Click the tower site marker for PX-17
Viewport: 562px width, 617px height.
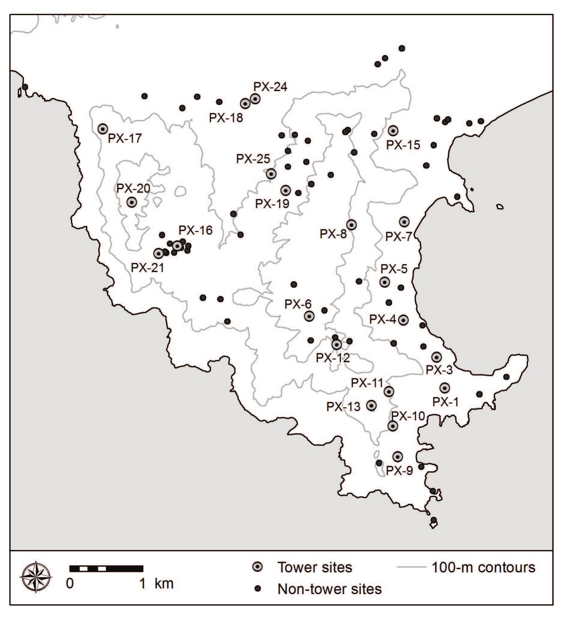[x=103, y=129]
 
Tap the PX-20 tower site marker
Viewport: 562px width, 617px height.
[x=132, y=202]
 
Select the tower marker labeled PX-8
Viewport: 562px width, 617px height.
[x=351, y=225]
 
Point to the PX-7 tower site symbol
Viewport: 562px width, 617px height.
[x=404, y=222]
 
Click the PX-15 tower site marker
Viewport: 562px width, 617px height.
[x=393, y=131]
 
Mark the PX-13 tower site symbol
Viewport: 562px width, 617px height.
[x=372, y=406]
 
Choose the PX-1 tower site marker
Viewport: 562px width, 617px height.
[x=445, y=388]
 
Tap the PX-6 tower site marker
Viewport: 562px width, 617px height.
[x=309, y=316]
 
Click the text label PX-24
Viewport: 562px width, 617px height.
[x=270, y=87]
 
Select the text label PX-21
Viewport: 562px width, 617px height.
[x=148, y=268]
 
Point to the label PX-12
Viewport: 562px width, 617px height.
[x=333, y=358]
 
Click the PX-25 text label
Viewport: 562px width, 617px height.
[x=253, y=159]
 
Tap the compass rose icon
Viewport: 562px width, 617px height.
[x=36, y=577]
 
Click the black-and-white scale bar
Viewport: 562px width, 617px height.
[x=106, y=569]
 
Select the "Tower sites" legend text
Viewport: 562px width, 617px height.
[x=315, y=568]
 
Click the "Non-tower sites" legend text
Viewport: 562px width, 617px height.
[x=329, y=589]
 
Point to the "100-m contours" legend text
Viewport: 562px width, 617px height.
[x=483, y=568]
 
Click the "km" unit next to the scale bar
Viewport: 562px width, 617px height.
[x=164, y=584]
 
